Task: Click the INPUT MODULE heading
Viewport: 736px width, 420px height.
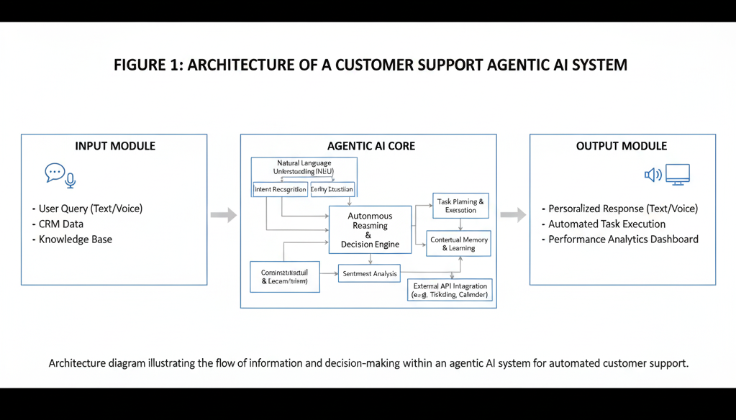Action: coord(115,146)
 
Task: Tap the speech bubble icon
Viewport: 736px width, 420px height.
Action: coord(55,172)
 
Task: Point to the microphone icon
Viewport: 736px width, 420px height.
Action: coord(71,180)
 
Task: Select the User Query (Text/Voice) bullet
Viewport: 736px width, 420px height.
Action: coord(90,209)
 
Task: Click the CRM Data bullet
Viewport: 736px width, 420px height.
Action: coord(60,224)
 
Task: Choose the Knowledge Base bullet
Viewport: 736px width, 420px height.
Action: coord(75,239)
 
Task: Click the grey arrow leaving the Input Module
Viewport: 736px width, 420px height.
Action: coord(223,215)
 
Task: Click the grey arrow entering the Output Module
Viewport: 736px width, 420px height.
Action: coord(513,215)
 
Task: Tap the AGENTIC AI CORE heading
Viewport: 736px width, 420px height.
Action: coord(371,146)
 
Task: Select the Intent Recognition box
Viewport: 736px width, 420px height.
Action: coord(280,190)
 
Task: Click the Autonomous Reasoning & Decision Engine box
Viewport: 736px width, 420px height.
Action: coord(370,229)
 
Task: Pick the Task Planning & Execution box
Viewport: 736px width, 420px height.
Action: coord(460,206)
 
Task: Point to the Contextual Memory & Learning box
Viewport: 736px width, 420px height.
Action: coord(458,244)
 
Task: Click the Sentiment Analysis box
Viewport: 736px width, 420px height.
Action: coord(369,273)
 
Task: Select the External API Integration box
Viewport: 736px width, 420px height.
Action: coord(450,290)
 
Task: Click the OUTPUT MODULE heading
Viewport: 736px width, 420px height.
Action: coord(622,146)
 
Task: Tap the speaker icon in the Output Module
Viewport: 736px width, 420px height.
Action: coord(653,175)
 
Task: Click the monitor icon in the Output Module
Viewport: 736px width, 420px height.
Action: coord(677,174)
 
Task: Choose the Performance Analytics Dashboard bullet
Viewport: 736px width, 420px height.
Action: coord(623,239)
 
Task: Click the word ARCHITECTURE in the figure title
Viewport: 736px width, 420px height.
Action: coord(238,65)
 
